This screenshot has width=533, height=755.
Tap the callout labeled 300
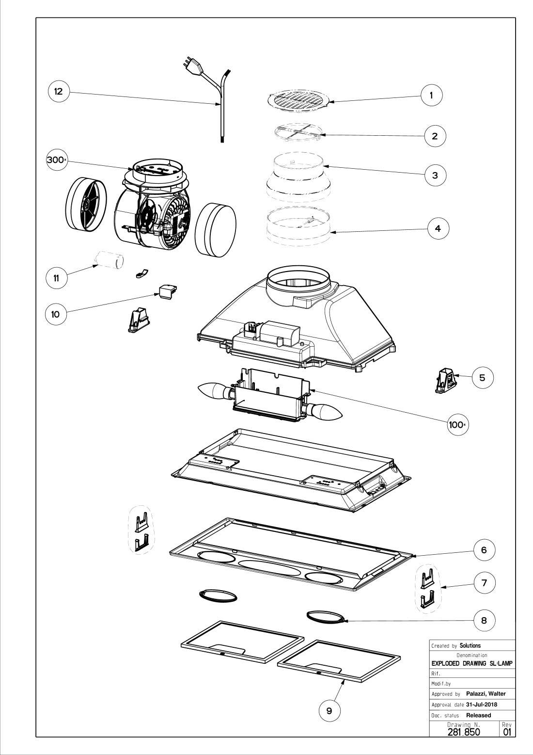57,161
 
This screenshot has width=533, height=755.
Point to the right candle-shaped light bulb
325,411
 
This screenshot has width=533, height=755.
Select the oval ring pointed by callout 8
326,617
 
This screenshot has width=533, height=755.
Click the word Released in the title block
478,715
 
